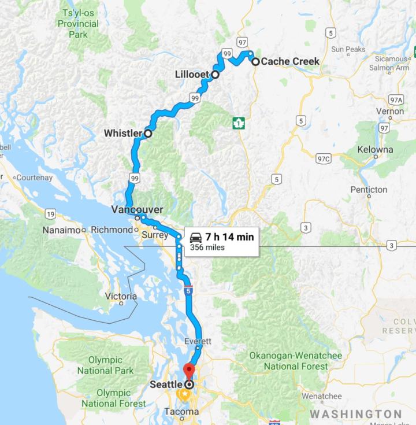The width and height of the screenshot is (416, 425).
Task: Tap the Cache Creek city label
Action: pyautogui.click(x=290, y=61)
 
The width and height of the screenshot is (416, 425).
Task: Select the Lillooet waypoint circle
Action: pyautogui.click(x=215, y=75)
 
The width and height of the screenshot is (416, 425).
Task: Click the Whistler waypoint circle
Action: pyautogui.click(x=147, y=134)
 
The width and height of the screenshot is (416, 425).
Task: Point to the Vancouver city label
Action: pyautogui.click(x=137, y=209)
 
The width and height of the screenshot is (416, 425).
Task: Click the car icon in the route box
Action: pyautogui.click(x=196, y=238)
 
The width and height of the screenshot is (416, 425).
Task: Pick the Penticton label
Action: pyautogui.click(x=369, y=190)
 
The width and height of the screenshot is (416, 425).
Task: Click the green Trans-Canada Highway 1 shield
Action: pyautogui.click(x=239, y=123)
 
